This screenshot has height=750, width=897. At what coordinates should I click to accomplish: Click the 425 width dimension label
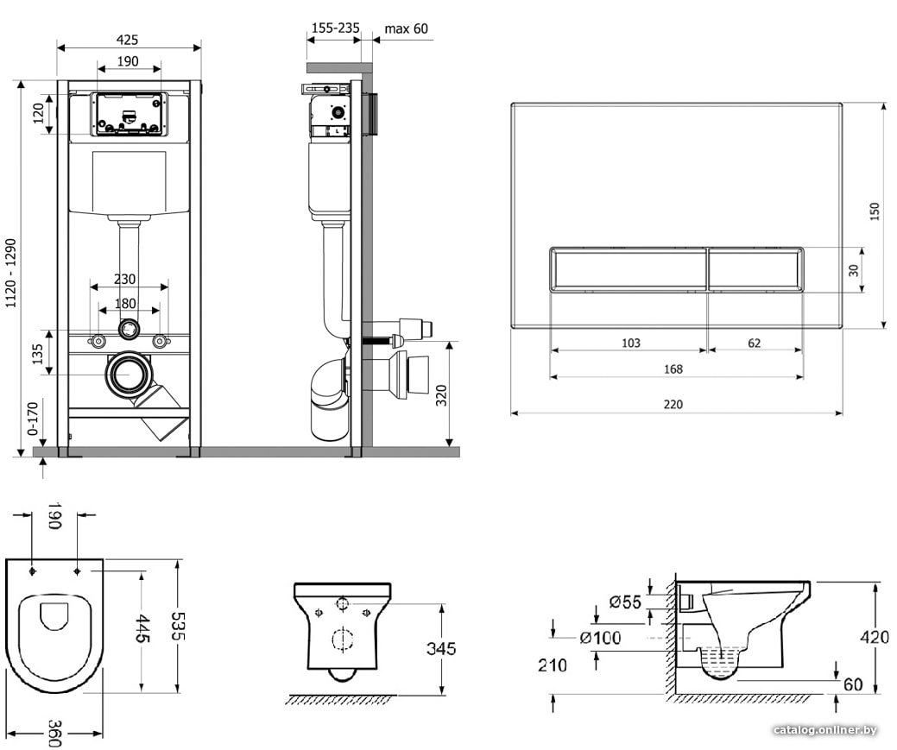pos(127,40)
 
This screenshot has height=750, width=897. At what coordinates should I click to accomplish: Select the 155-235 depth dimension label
pos(336,28)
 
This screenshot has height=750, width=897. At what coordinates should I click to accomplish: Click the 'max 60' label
pos(406,28)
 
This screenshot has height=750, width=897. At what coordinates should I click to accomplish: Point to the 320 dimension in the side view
pos(442,395)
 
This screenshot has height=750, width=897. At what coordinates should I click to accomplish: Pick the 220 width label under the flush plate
pos(673,404)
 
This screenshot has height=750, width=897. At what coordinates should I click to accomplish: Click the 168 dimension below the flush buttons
pos(673,369)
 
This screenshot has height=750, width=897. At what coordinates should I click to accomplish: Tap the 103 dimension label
pos(631,343)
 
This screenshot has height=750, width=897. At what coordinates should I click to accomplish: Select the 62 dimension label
pos(755,343)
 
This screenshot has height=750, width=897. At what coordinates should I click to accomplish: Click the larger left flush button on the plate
pos(629,269)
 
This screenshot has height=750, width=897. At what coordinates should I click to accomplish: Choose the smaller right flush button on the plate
pos(756,269)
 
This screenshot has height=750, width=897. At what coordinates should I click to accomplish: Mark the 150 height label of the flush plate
pos(874,212)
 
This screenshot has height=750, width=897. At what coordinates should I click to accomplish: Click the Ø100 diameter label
pos(600,637)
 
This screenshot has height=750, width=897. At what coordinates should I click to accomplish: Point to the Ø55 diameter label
pos(625,602)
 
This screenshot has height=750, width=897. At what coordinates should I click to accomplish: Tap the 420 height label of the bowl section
pos(875,637)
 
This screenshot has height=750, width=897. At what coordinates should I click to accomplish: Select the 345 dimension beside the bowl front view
pos(442,648)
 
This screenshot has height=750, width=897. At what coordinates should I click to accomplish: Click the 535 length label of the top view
pos(178,627)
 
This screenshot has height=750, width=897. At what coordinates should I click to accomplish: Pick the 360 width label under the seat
pos(54,733)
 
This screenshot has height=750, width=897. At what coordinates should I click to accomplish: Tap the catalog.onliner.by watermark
pos(825,730)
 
